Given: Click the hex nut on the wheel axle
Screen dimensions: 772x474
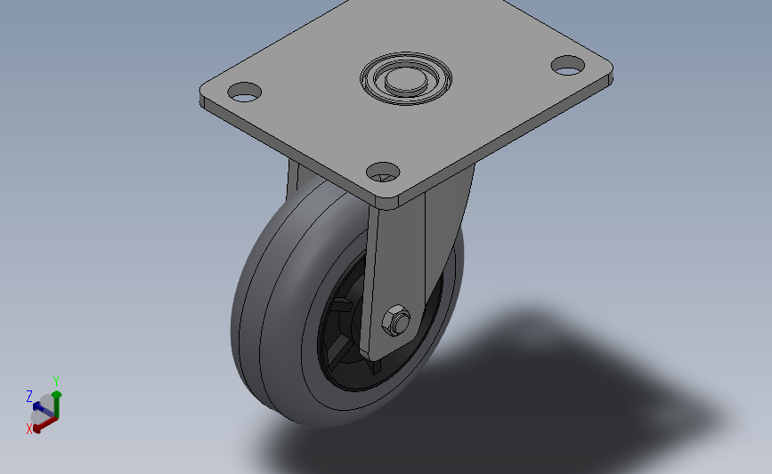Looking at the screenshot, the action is click(x=396, y=320).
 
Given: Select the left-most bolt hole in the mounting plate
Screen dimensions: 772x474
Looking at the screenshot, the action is click(x=245, y=92).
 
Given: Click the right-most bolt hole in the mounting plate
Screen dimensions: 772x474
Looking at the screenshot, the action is click(x=568, y=66).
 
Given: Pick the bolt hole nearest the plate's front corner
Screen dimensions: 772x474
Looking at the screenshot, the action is click(x=383, y=173).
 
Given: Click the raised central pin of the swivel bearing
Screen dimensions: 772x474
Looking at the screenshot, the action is click(x=406, y=78).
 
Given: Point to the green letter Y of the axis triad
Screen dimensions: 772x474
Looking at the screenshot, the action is click(x=55, y=382).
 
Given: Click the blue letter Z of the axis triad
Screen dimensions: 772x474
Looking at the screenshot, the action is click(x=29, y=397).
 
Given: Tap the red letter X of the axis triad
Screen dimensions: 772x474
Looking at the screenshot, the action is click(x=29, y=429).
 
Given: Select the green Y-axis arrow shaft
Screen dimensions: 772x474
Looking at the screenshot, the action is click(x=57, y=406).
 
